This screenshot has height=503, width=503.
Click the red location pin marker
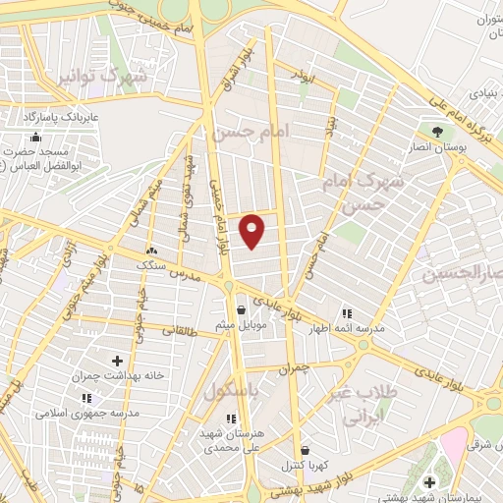pos(252,230)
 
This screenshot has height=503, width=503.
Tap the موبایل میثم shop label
pos(238,323)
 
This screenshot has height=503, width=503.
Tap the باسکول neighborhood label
pos(235,390)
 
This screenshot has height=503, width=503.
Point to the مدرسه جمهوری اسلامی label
pos(86,414)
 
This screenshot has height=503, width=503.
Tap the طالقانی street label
pos(182,330)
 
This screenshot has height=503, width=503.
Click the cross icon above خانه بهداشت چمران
pos(118,362)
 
